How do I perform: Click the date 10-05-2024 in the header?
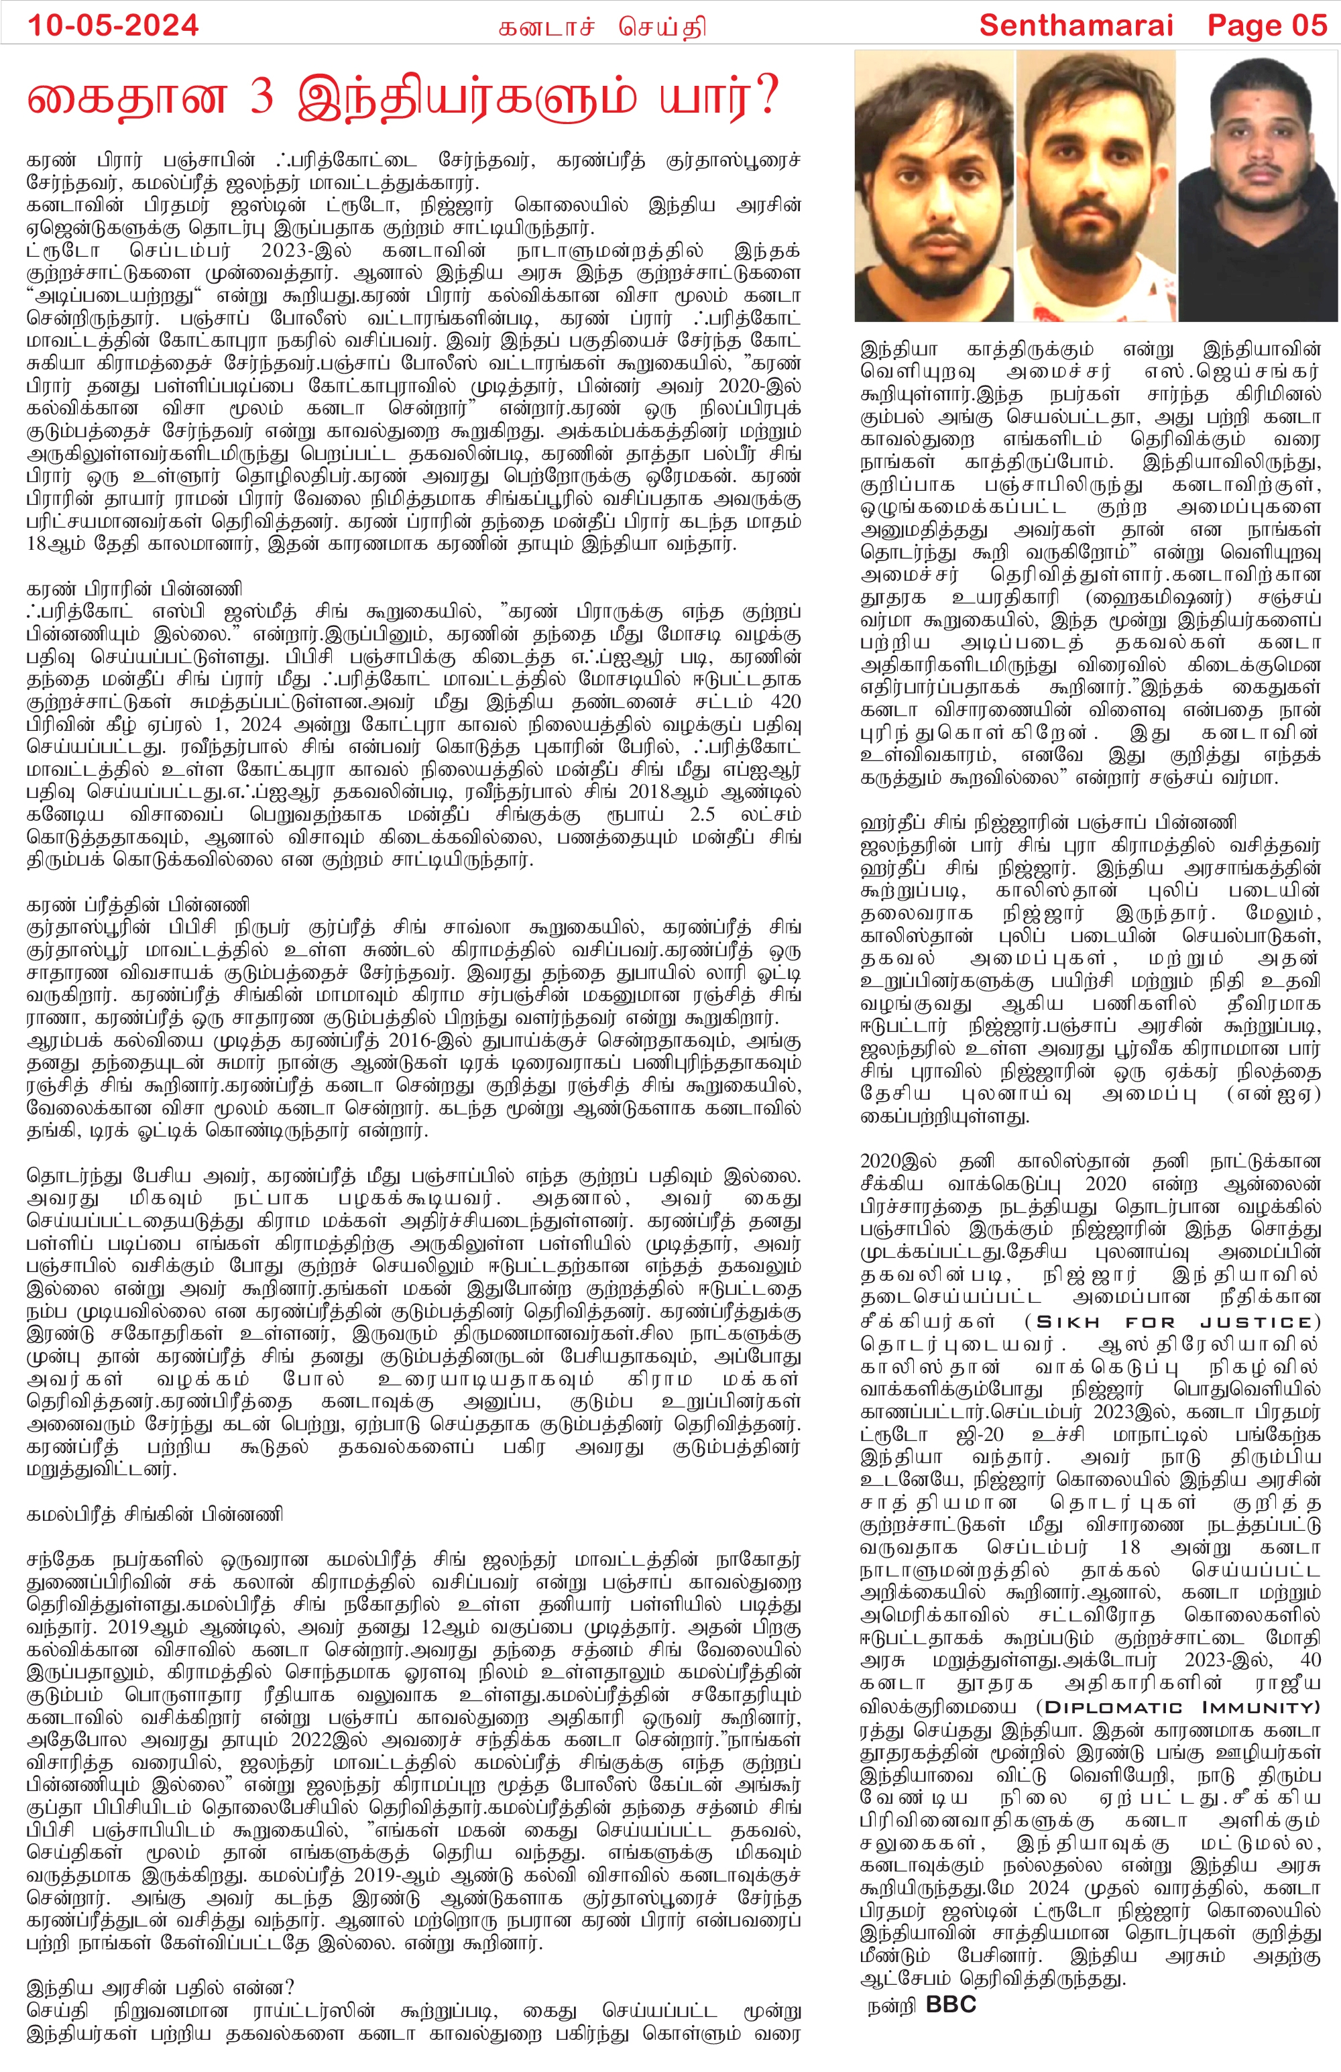click(x=113, y=25)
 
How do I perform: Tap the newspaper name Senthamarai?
click(x=1076, y=25)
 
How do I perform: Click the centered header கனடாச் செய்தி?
click(x=601, y=27)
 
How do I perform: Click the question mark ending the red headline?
click(x=764, y=97)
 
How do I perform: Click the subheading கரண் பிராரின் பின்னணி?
click(x=135, y=589)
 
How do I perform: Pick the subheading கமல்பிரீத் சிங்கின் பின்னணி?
click(x=155, y=1515)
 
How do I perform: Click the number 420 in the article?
click(x=782, y=703)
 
